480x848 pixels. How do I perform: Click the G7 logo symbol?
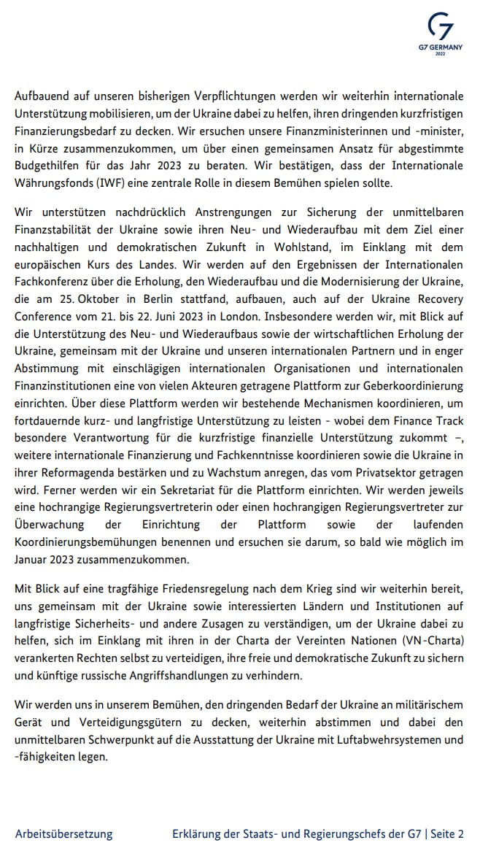pos(441,26)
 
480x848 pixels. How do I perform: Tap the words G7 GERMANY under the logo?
pos(440,47)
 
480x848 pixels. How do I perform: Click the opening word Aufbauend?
pos(44,96)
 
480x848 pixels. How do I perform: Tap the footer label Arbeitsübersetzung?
pos(64,833)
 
